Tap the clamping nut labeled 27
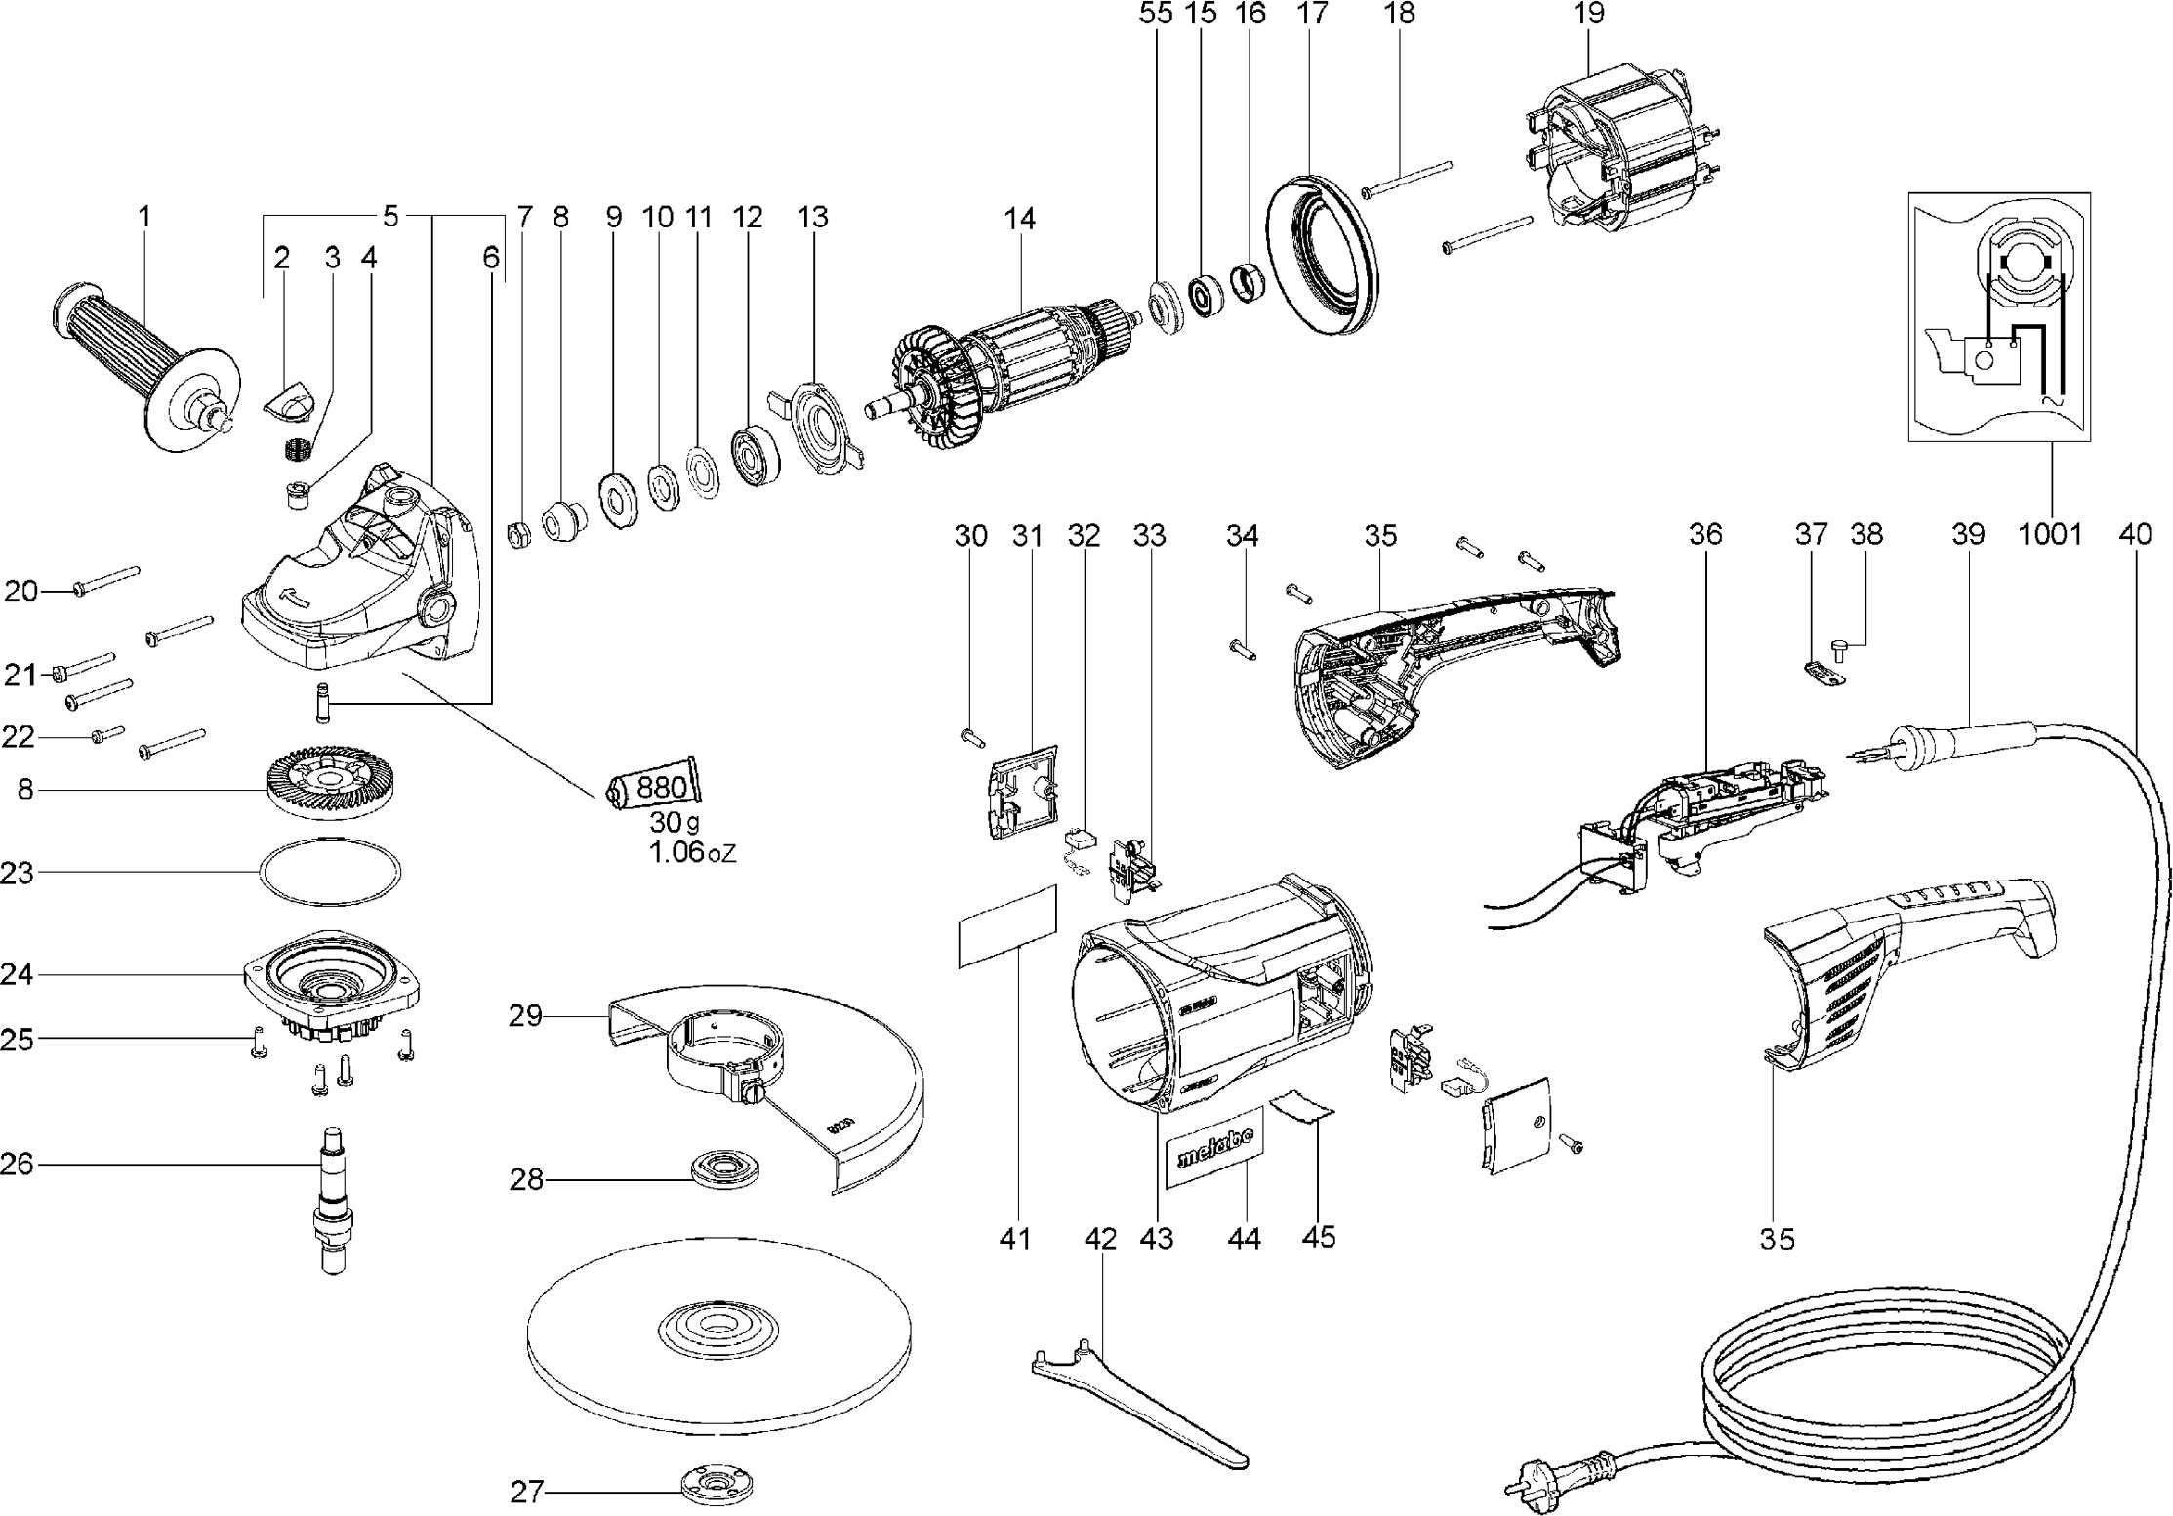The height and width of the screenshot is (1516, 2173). click(x=717, y=1487)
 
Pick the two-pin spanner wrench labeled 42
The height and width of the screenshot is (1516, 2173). click(x=1132, y=1403)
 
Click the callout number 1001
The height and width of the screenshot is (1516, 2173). click(x=2050, y=534)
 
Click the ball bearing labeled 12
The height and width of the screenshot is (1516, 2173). click(x=756, y=454)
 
